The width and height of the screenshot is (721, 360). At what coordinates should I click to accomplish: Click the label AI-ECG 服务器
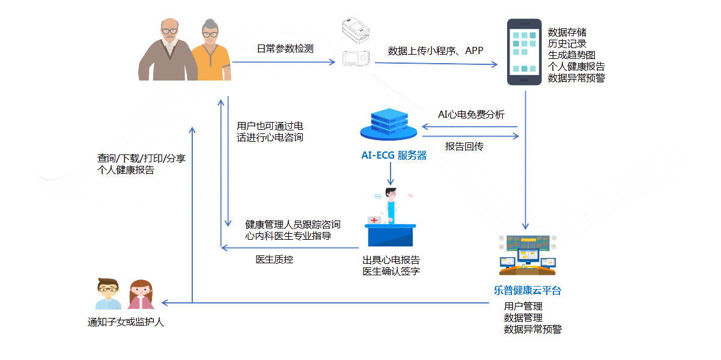(x=394, y=156)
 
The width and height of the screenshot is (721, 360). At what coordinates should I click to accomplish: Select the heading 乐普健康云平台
(x=528, y=291)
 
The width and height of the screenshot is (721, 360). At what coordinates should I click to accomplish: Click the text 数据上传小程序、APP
(x=435, y=50)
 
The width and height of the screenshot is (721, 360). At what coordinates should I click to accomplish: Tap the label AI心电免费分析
(x=471, y=115)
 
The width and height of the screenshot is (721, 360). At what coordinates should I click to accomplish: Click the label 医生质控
(x=275, y=260)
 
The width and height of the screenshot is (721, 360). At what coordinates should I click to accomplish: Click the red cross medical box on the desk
(x=374, y=220)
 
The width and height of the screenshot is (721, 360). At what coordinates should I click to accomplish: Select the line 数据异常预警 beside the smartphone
(x=576, y=78)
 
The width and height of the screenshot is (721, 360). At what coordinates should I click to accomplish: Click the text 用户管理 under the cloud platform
(x=523, y=307)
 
